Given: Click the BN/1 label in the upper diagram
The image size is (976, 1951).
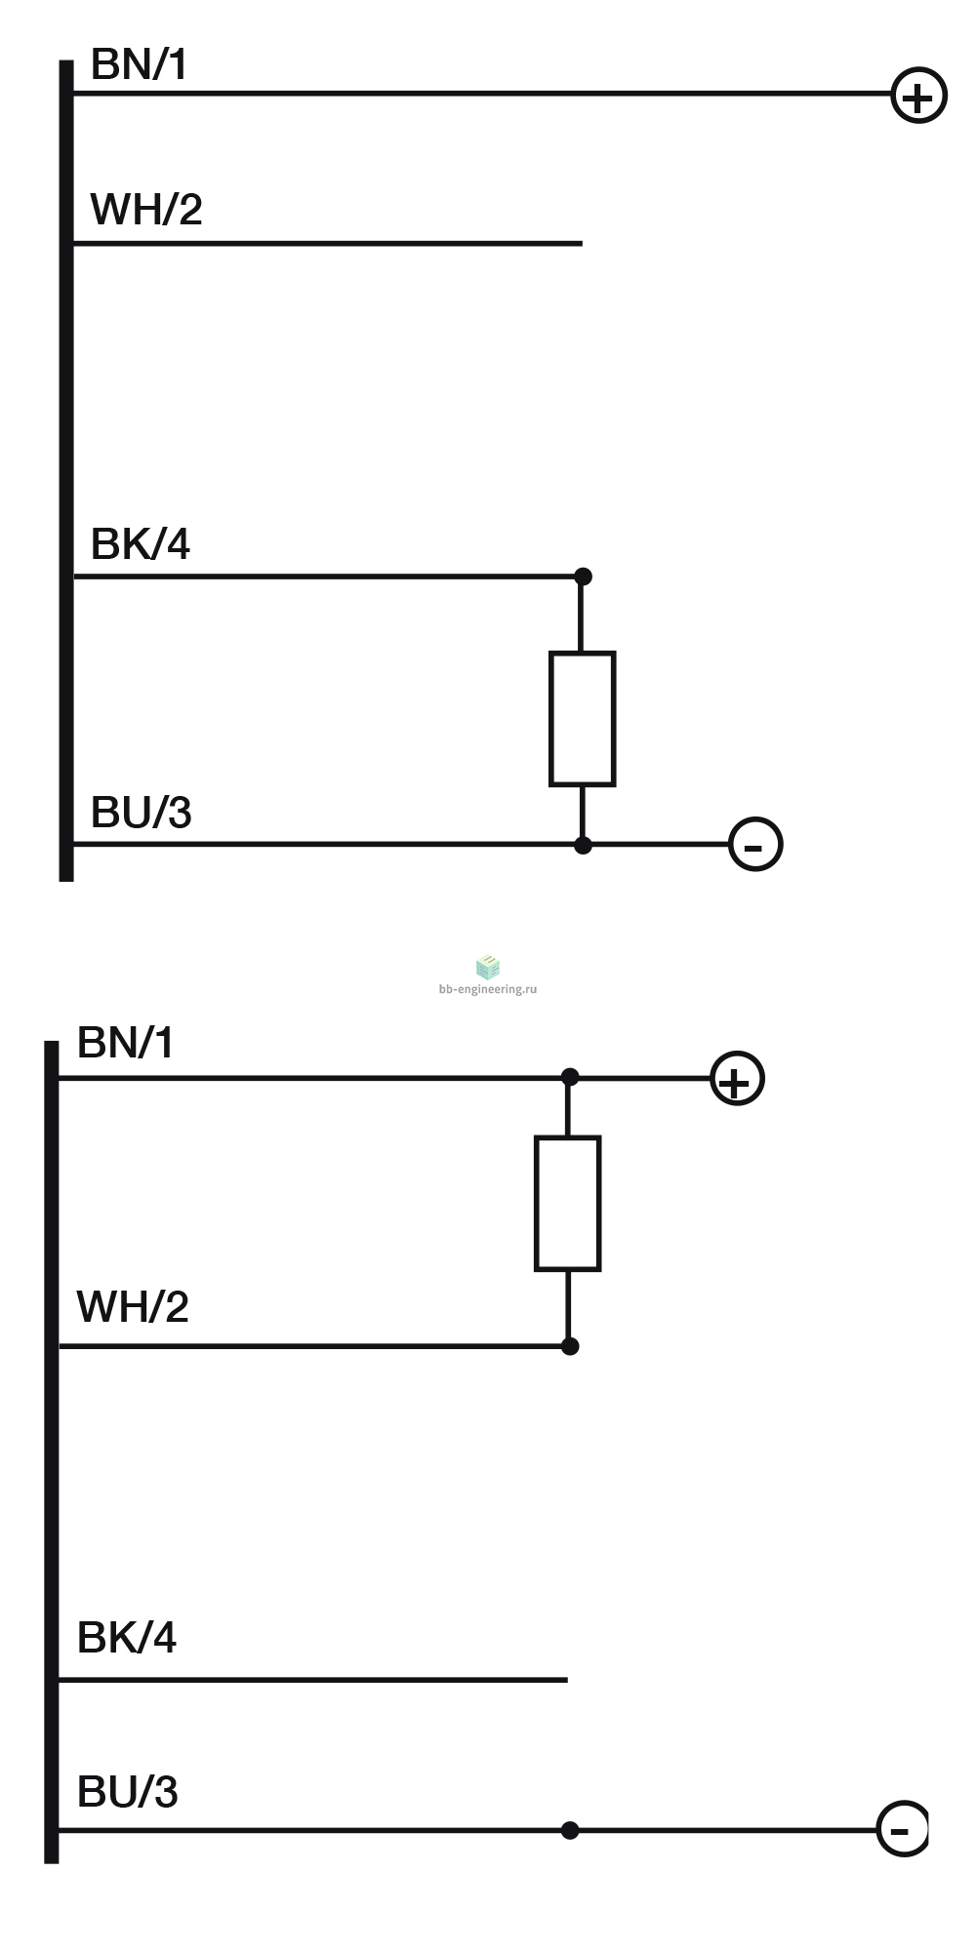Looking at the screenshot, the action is [138, 64].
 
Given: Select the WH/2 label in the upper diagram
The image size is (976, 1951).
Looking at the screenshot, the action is [146, 210].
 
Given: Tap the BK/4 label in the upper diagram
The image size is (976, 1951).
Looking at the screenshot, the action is [141, 544].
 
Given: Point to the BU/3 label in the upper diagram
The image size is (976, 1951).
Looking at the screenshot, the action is [142, 813].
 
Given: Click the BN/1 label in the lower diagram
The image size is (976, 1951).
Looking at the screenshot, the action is [125, 1043].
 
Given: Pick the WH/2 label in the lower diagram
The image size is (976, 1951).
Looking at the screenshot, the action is [133, 1307].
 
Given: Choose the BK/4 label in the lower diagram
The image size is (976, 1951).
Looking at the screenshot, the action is [127, 1638].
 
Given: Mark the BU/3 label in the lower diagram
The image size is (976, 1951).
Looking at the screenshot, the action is [128, 1792].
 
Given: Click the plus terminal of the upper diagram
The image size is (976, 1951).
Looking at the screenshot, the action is [919, 96].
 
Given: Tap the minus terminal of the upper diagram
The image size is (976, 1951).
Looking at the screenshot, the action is [756, 844].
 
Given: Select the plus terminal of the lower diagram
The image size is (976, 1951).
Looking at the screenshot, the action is [737, 1079].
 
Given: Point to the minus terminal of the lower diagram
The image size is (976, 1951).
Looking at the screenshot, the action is [903, 1829].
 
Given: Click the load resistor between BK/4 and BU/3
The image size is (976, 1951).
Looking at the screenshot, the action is [583, 719].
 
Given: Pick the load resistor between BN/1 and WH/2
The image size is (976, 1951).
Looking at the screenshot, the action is [568, 1204].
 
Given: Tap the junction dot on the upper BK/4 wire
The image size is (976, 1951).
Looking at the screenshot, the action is [583, 577].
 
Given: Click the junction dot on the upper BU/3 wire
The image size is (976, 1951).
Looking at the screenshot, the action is [583, 845].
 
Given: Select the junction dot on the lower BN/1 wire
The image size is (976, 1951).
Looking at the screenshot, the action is [570, 1077].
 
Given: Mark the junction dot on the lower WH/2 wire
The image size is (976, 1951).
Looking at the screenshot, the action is [570, 1346].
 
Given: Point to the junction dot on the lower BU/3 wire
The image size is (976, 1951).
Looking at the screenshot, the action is [570, 1830].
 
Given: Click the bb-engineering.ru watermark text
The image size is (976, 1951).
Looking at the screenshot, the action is [488, 988].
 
